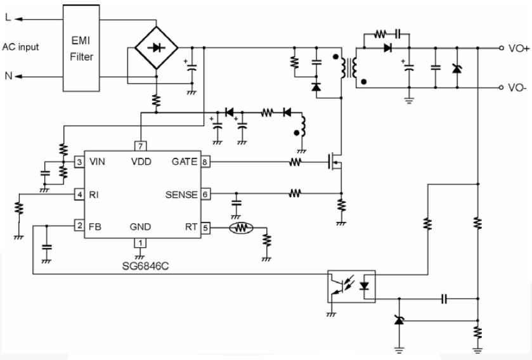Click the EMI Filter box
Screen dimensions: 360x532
[82, 48]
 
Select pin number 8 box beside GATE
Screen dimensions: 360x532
[205, 162]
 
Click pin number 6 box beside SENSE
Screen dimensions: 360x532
[205, 193]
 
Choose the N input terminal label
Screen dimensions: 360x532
[7, 76]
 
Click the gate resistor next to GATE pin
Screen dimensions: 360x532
[295, 162]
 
